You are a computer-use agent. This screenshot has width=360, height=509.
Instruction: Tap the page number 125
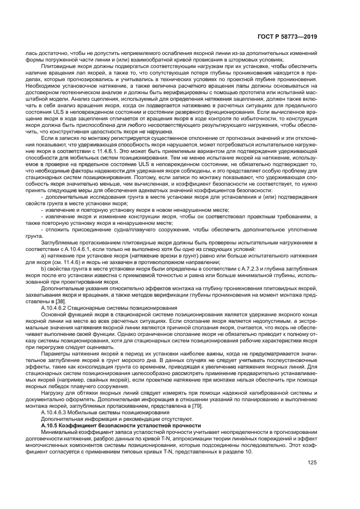point(312,464)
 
